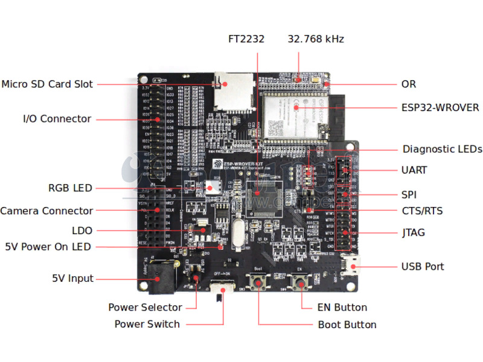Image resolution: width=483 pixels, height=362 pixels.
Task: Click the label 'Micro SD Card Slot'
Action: pyautogui.click(x=47, y=84)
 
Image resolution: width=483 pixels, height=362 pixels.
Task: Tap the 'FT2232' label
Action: pyautogui.click(x=246, y=39)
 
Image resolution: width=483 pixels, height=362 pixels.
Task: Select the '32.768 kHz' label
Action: pyautogui.click(x=316, y=39)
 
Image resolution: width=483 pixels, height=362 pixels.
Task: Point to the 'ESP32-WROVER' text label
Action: pyautogui.click(x=440, y=108)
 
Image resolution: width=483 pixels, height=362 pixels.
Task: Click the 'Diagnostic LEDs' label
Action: pyautogui.click(x=442, y=149)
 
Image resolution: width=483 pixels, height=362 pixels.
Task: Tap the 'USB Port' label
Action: pyautogui.click(x=423, y=267)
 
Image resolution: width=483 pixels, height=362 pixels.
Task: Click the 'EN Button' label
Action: pyautogui.click(x=342, y=308)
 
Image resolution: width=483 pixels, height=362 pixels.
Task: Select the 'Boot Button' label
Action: pyautogui.click(x=347, y=325)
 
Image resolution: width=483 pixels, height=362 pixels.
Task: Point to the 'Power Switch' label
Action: pyautogui.click(x=147, y=325)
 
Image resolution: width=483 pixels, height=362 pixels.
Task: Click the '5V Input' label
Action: pyautogui.click(x=72, y=279)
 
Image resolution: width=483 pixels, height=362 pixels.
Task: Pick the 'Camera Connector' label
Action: pyautogui.click(x=46, y=211)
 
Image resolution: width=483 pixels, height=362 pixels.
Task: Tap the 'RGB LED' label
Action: pyautogui.click(x=70, y=188)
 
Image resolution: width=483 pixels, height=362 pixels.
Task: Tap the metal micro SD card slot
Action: pyautogui.click(x=234, y=92)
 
